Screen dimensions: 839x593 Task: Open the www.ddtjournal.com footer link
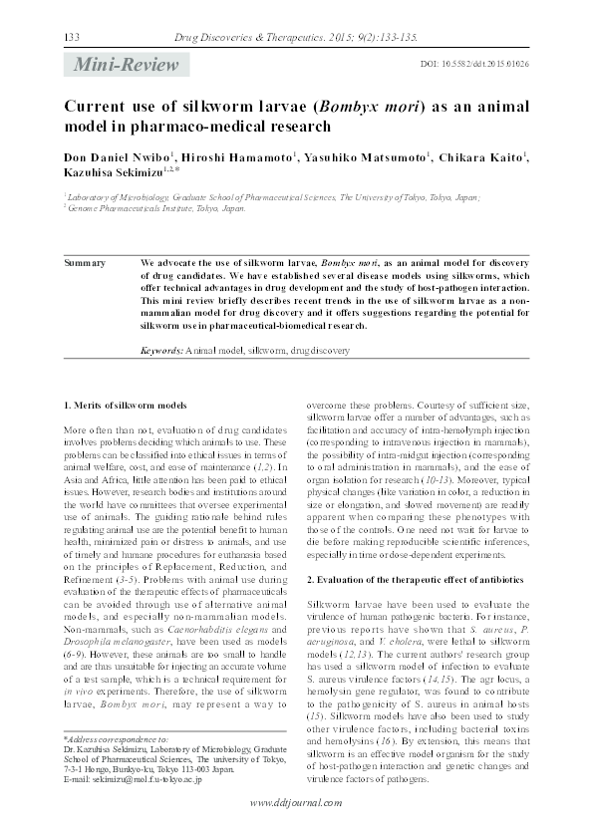(x=296, y=803)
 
